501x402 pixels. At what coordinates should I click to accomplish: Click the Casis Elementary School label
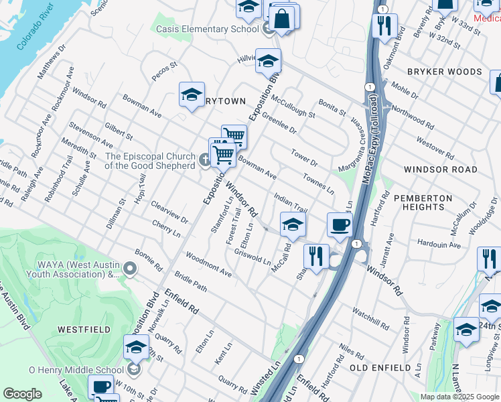[207, 29]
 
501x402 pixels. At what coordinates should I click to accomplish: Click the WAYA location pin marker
[130, 269]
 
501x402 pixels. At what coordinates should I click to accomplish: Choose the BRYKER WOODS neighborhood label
[444, 72]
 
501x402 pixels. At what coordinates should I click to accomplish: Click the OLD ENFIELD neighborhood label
[380, 368]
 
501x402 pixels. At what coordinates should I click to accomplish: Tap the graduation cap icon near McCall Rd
[293, 225]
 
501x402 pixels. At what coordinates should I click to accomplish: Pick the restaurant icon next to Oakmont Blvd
[384, 26]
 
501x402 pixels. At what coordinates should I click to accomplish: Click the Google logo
[22, 394]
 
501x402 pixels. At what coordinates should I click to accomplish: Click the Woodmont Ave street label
[208, 265]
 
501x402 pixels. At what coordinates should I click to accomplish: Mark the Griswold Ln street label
[253, 257]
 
